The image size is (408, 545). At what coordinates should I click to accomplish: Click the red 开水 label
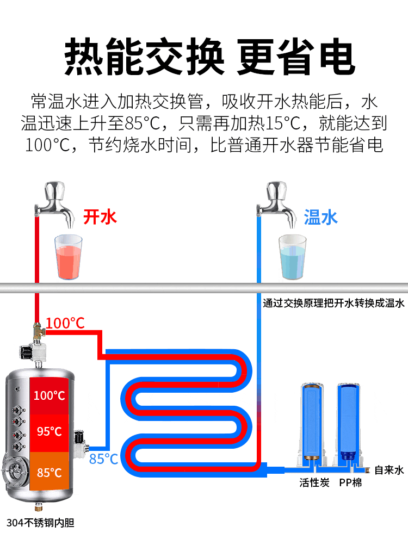pyautogui.click(x=100, y=217)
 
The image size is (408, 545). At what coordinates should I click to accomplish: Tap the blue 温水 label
pyautogui.click(x=321, y=217)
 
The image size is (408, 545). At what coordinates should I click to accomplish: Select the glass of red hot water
pyautogui.click(x=69, y=257)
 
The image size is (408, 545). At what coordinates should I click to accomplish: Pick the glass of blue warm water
pyautogui.click(x=293, y=257)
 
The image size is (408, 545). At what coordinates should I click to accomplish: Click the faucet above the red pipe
pyautogui.click(x=54, y=203)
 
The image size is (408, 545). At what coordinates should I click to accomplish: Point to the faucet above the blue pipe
pyautogui.click(x=277, y=203)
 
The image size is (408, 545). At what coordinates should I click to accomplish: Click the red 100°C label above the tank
pyautogui.click(x=65, y=323)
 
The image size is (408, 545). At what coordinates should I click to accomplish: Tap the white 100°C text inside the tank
pyautogui.click(x=50, y=395)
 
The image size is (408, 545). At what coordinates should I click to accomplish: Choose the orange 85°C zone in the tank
pyautogui.click(x=50, y=471)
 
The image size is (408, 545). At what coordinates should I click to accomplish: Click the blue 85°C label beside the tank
pyautogui.click(x=103, y=459)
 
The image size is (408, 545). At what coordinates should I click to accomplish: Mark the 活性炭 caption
pyautogui.click(x=314, y=482)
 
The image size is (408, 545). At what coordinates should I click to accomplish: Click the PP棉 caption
pyautogui.click(x=350, y=482)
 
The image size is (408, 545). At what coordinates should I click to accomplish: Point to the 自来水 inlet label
pyautogui.click(x=390, y=470)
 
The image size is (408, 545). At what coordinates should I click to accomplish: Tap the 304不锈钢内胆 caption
pyautogui.click(x=40, y=522)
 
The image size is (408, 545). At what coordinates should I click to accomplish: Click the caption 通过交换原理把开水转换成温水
pyautogui.click(x=333, y=303)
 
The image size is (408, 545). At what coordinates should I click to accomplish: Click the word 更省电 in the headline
pyautogui.click(x=296, y=57)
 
